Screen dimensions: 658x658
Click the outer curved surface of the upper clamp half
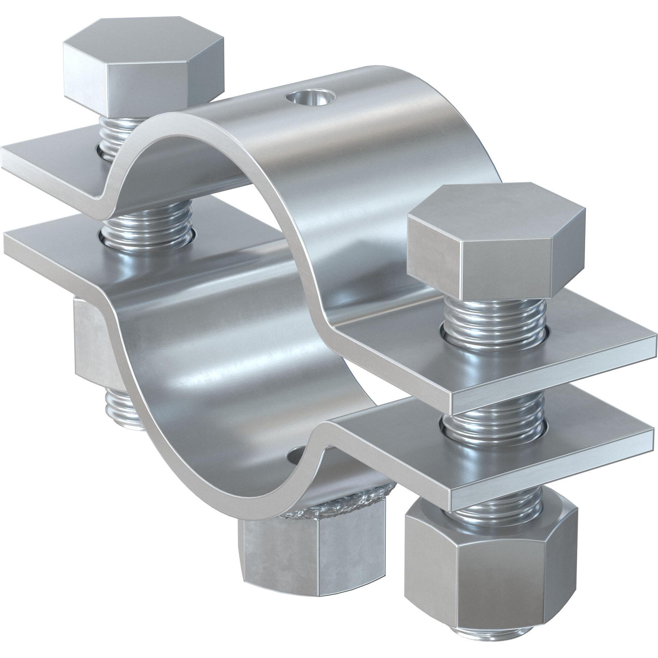[x=340, y=153]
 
